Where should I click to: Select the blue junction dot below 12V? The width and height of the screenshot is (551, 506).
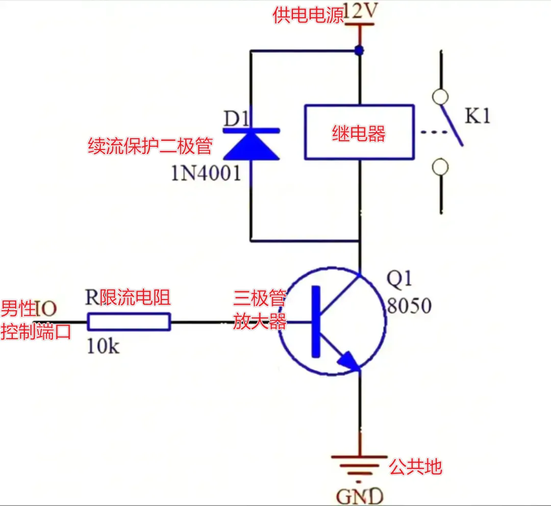tap(360, 50)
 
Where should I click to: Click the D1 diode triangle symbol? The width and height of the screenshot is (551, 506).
tap(252, 145)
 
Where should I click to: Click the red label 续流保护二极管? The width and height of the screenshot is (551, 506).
tap(150, 146)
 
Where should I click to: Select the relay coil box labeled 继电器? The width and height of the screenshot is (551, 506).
tap(359, 133)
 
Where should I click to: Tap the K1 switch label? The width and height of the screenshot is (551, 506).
tap(477, 116)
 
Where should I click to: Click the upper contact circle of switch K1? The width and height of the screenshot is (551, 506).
tap(440, 96)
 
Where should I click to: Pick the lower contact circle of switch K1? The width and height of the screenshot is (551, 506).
tap(440, 167)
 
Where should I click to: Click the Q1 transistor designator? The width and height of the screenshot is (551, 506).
tap(399, 279)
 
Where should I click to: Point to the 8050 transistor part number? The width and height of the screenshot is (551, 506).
tap(409, 306)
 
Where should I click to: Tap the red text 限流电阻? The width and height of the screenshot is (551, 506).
tap(135, 297)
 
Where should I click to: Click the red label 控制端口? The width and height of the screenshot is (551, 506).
tap(36, 332)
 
